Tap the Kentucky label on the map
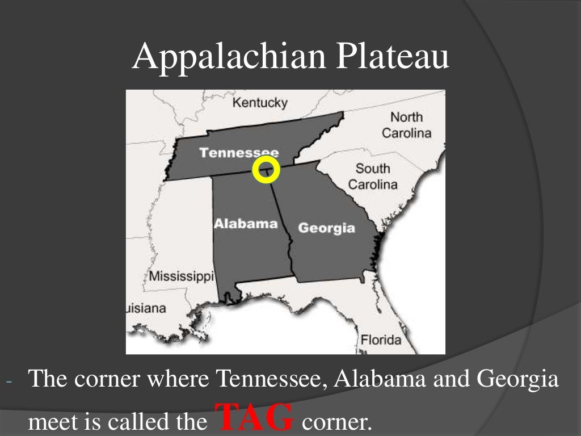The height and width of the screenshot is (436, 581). (260, 103)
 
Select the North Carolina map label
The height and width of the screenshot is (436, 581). (406, 125)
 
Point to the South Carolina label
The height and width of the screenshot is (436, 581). (373, 176)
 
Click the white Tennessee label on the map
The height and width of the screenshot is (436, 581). (239, 152)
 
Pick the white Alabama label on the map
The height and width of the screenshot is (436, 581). (245, 223)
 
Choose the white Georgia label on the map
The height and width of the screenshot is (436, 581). (326, 228)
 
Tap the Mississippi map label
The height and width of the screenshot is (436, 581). (182, 277)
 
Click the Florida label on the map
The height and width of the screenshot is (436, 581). (381, 341)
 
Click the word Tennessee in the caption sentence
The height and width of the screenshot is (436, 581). (272, 379)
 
